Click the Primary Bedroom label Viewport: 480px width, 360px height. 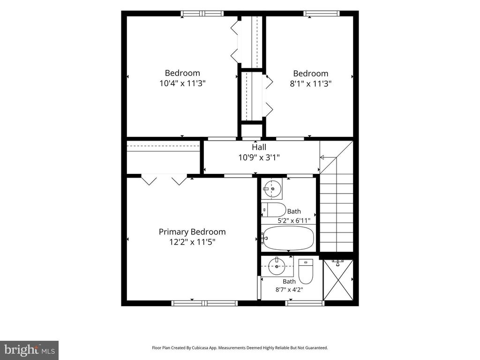[192, 232]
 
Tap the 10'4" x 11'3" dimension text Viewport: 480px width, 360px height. [182, 83]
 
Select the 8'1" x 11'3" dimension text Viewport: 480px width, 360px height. [311, 83]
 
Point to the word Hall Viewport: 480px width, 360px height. [259, 147]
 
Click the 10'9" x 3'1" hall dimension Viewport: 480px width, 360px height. [259, 157]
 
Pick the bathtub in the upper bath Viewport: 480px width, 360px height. [288, 238]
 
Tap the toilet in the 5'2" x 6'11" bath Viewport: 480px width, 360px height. [273, 210]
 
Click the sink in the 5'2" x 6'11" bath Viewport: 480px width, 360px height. [272, 189]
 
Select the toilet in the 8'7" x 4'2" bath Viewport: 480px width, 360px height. [306, 271]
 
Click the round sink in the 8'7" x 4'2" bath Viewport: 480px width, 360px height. [277, 266]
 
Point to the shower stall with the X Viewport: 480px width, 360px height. [338, 280]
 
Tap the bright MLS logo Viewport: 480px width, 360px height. [29, 350]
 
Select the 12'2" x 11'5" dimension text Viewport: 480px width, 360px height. [192, 242]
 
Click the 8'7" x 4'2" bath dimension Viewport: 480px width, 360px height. [289, 289]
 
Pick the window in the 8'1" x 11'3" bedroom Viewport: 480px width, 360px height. [322, 14]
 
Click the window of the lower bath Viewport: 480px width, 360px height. [305, 303]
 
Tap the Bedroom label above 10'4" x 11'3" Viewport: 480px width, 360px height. [182, 73]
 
